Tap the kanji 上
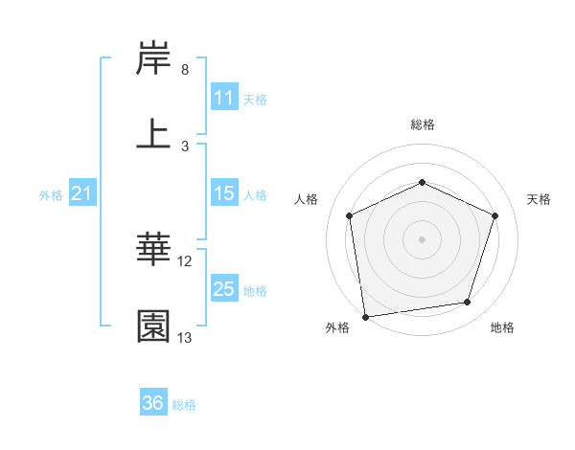pyautogui.click(x=154, y=134)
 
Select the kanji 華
pyautogui.click(x=154, y=250)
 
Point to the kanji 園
pyautogui.click(x=154, y=326)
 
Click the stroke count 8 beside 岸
pyautogui.click(x=185, y=70)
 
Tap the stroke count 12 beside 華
pyautogui.click(x=186, y=261)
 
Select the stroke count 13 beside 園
pyautogui.click(x=186, y=338)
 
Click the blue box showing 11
pyautogui.click(x=224, y=98)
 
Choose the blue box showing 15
pyautogui.click(x=224, y=193)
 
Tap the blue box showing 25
pyautogui.click(x=224, y=289)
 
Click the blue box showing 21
pyautogui.click(x=82, y=194)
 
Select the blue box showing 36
pyautogui.click(x=153, y=403)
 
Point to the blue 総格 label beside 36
pyautogui.click(x=184, y=405)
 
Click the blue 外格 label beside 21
pyautogui.click(x=51, y=195)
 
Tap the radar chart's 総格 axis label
pyautogui.click(x=423, y=124)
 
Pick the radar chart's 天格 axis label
pyautogui.click(x=539, y=199)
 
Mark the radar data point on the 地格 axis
pyautogui.click(x=468, y=303)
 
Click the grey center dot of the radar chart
pyautogui.click(x=422, y=238)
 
